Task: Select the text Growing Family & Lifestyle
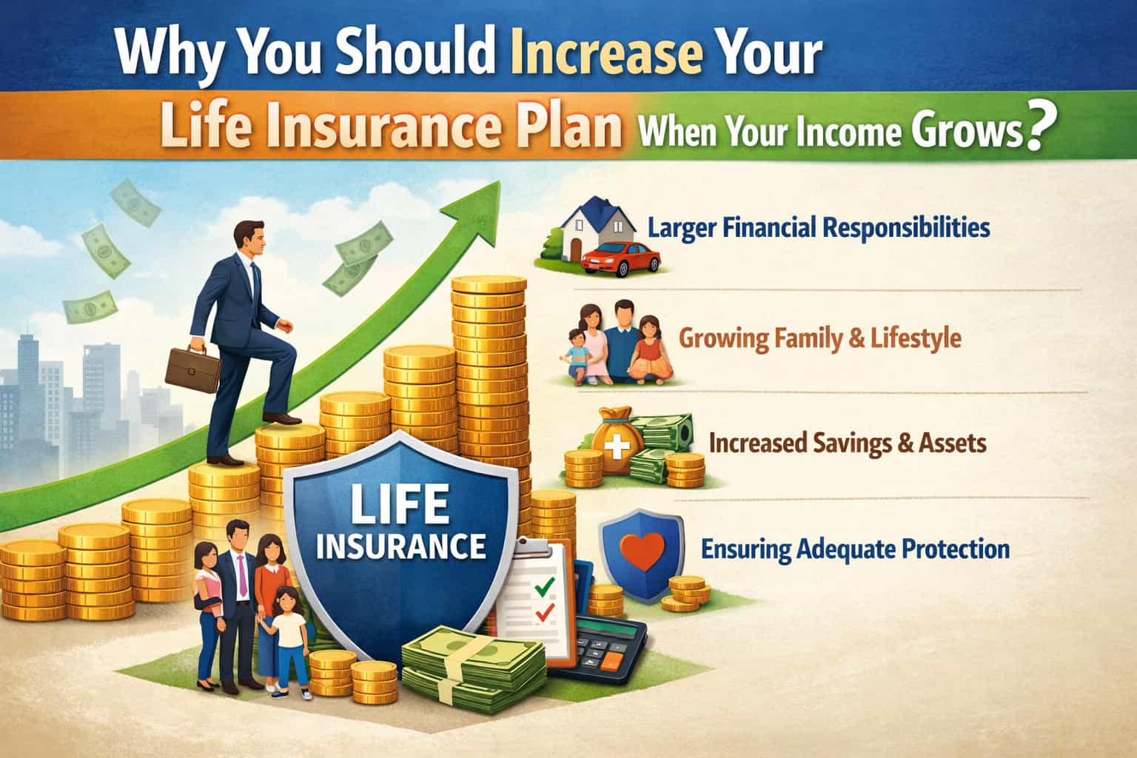click(820, 339)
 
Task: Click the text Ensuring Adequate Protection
click(855, 549)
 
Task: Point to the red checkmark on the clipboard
click(545, 613)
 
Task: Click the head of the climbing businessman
click(244, 238)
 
